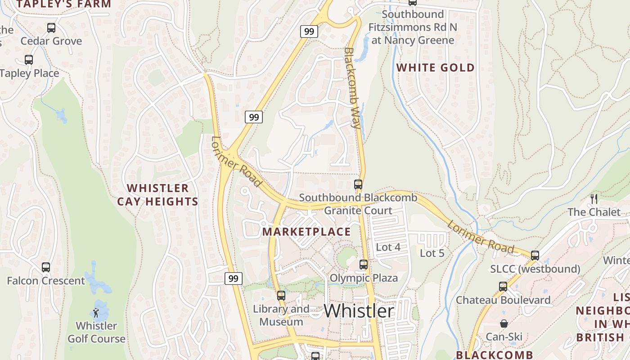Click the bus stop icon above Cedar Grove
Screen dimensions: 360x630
(x=51, y=28)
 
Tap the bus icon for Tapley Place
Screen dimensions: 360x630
(x=29, y=60)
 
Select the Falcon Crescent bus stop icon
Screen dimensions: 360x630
(x=46, y=267)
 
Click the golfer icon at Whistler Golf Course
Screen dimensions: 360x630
(x=96, y=312)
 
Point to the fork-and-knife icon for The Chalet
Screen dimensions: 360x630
(x=594, y=198)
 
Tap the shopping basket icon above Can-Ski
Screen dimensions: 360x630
(x=504, y=324)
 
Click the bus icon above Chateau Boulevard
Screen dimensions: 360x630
(x=503, y=287)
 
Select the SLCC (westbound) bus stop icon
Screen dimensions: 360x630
(x=535, y=256)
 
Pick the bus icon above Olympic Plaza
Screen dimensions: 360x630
(x=364, y=265)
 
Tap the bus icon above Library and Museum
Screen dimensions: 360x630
(x=281, y=296)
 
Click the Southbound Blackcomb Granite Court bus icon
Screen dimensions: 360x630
(x=358, y=184)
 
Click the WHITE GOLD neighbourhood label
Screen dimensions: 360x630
(x=435, y=68)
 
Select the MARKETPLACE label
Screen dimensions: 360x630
(x=306, y=232)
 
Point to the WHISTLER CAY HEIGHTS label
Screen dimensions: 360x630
(x=157, y=194)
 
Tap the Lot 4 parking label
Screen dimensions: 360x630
(x=388, y=247)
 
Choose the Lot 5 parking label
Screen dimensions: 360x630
(x=432, y=253)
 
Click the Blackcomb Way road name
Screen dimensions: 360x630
(x=353, y=88)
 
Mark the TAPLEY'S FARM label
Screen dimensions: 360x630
(x=63, y=4)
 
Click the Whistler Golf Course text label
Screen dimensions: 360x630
(x=96, y=332)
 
